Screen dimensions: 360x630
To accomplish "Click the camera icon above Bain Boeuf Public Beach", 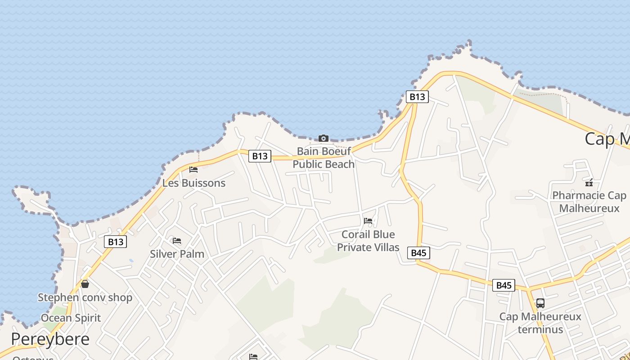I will pyautogui.click(x=323, y=138).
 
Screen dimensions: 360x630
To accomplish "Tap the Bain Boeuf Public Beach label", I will pyautogui.click(x=324, y=157).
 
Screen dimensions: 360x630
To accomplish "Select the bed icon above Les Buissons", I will pyautogui.click(x=193, y=170).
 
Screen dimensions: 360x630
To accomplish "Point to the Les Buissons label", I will pyautogui.click(x=193, y=183).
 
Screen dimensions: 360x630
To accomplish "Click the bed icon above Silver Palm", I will pyautogui.click(x=177, y=241).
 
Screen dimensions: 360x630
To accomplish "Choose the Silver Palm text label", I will pyautogui.click(x=177, y=254).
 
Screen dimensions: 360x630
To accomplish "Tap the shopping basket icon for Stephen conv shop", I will pyautogui.click(x=85, y=284).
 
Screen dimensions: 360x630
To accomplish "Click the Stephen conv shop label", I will pyautogui.click(x=85, y=297).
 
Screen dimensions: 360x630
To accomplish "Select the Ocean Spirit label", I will pyautogui.click(x=71, y=318).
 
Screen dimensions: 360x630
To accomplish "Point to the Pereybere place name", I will pyautogui.click(x=50, y=339).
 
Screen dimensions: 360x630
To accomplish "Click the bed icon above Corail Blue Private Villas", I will pyautogui.click(x=368, y=221).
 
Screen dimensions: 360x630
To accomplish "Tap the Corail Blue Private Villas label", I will pyautogui.click(x=368, y=241).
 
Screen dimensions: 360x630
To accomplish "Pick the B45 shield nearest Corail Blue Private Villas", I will pyautogui.click(x=418, y=253).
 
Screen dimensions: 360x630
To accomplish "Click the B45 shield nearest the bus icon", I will pyautogui.click(x=504, y=285).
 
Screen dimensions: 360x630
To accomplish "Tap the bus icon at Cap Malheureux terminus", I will pyautogui.click(x=540, y=303).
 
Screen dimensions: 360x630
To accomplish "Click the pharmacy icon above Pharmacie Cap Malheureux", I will pyautogui.click(x=589, y=182).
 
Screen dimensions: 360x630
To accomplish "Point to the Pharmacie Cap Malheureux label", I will pyautogui.click(x=589, y=202).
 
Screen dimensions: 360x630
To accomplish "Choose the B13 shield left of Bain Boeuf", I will pyautogui.click(x=260, y=156).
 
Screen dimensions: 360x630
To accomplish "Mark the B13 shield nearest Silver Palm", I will pyautogui.click(x=116, y=242).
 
